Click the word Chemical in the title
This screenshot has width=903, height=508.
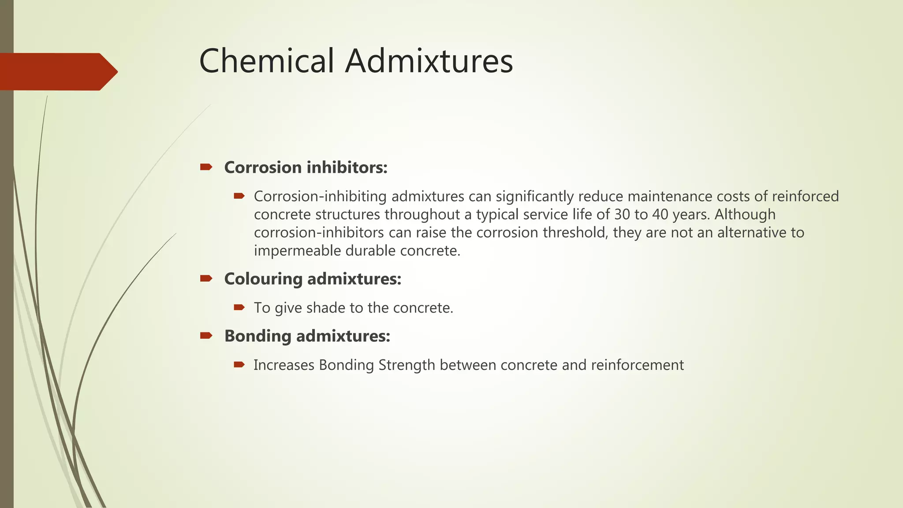266,61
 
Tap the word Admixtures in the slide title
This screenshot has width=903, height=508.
429,61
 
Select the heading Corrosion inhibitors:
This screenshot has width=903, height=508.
306,168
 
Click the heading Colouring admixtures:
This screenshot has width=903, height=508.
313,279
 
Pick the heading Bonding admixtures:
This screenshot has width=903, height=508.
307,336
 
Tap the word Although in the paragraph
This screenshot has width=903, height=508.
745,214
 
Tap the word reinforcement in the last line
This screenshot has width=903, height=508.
637,365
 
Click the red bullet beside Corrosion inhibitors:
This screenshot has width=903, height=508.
206,167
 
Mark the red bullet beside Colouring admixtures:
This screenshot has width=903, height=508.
206,278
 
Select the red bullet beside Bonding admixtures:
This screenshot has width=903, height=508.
206,336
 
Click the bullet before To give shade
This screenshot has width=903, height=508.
239,307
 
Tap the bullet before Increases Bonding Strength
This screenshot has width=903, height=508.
239,364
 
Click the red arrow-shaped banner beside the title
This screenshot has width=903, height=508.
57,72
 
